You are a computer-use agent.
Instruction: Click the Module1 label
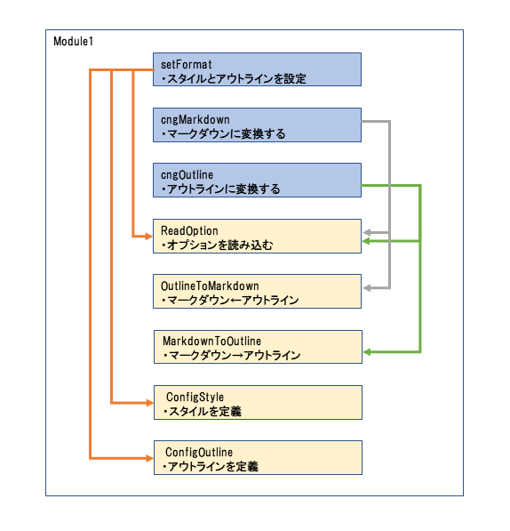click(73, 41)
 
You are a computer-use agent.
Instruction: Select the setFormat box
click(257, 69)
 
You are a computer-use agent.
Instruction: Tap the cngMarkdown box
click(257, 125)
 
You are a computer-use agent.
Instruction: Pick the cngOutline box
click(257, 181)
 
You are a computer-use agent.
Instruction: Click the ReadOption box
click(257, 236)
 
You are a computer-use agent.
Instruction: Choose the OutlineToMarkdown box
click(257, 291)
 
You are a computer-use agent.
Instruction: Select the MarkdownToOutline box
click(258, 347)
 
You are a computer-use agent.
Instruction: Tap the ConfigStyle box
click(258, 402)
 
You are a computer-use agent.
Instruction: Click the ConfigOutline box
click(258, 457)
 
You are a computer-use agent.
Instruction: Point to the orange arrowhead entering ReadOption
click(148, 236)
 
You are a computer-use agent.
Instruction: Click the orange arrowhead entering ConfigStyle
click(149, 403)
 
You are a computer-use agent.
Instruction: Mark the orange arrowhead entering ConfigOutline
click(149, 458)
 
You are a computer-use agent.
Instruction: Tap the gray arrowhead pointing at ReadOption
click(367, 233)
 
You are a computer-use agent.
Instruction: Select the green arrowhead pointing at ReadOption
click(366, 241)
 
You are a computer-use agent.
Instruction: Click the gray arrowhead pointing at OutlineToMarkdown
click(367, 288)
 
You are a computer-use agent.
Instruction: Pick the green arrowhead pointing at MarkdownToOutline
click(367, 352)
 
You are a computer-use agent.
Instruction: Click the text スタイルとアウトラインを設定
click(236, 79)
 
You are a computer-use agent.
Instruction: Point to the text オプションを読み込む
click(219, 245)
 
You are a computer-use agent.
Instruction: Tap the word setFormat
click(187, 64)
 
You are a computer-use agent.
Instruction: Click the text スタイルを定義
click(205, 412)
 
